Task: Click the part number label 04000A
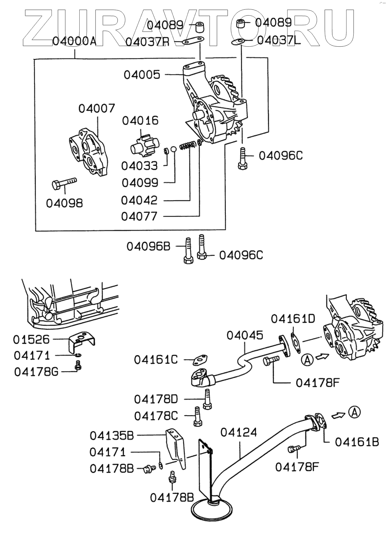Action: [x=74, y=41]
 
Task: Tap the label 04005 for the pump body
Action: [x=142, y=75]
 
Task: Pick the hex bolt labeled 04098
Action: [x=64, y=184]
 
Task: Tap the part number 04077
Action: [x=139, y=217]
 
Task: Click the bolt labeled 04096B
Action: [x=188, y=251]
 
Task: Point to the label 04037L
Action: [x=278, y=40]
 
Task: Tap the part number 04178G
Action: [x=36, y=372]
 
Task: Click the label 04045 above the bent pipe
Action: [x=245, y=335]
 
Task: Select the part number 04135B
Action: [x=112, y=436]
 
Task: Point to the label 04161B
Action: [x=357, y=442]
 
